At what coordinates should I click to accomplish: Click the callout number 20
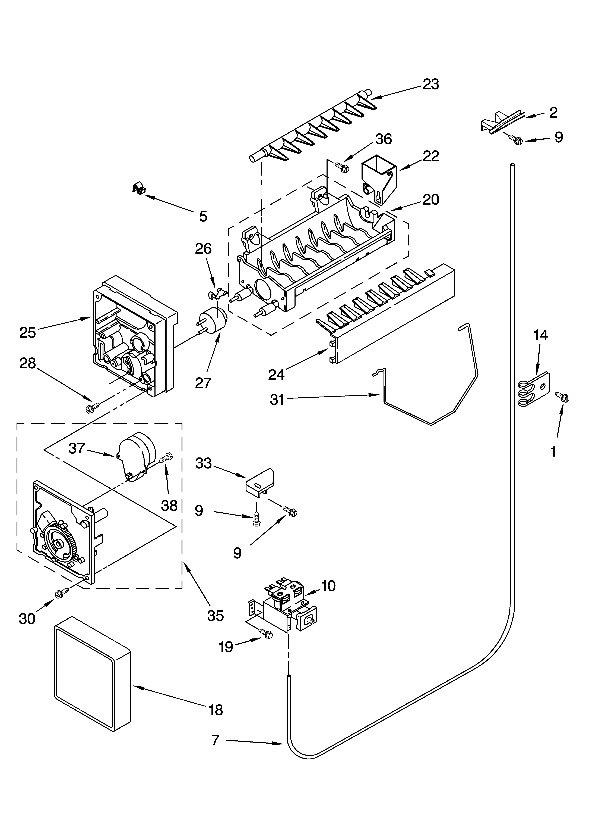point(430,199)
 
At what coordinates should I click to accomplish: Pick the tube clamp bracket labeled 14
point(534,389)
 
